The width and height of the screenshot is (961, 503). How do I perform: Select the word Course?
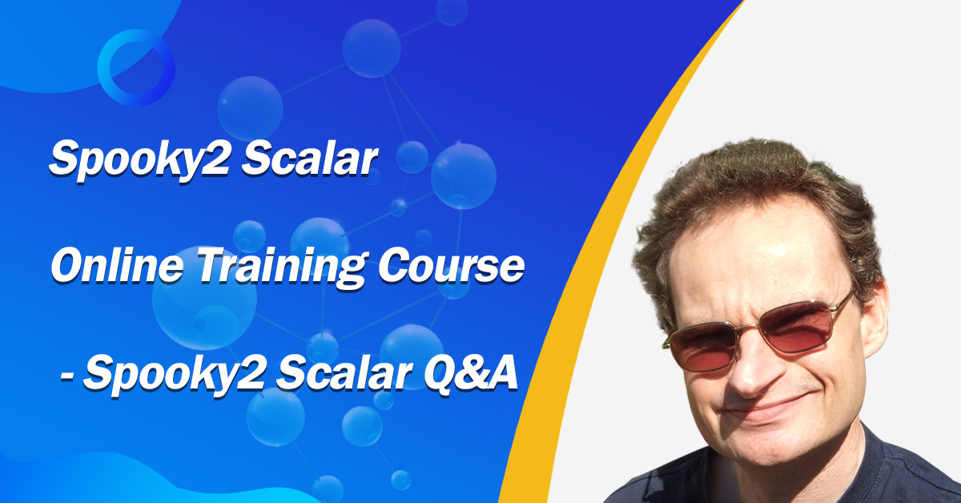click(452, 266)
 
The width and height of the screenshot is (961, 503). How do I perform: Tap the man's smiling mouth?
click(768, 410)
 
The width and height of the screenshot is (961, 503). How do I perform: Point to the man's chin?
click(777, 446)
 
